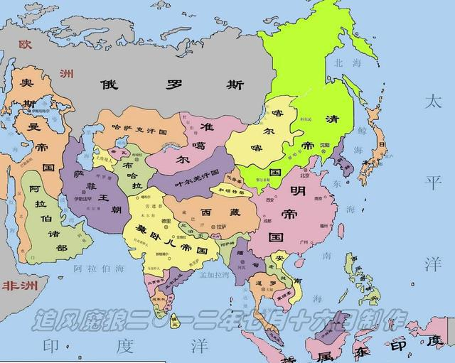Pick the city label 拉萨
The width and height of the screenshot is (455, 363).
click(223, 226)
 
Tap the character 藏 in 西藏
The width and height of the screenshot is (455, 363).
click(229, 212)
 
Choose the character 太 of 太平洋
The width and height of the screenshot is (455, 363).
click(433, 99)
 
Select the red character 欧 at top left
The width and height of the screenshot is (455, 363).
click(26, 44)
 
